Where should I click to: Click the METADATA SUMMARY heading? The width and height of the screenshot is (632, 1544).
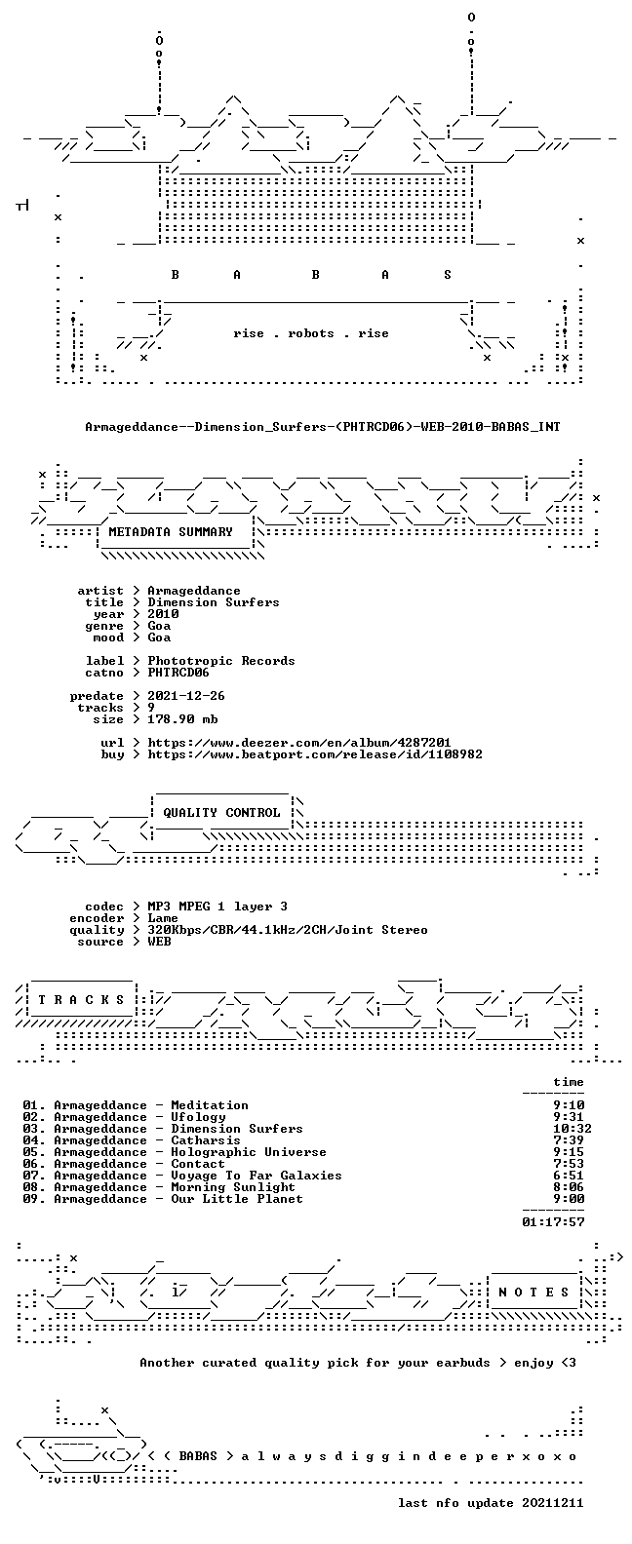(171, 531)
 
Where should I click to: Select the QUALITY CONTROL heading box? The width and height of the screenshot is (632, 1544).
(221, 813)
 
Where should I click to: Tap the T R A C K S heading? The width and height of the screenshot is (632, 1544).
(81, 999)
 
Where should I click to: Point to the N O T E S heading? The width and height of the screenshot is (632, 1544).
(534, 1293)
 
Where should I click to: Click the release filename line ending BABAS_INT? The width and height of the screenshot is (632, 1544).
(323, 427)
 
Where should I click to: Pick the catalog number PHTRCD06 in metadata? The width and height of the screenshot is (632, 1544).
(178, 672)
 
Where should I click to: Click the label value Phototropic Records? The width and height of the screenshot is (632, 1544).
(221, 660)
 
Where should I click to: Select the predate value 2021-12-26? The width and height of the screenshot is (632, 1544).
(186, 696)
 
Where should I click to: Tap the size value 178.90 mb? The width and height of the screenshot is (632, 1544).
(182, 719)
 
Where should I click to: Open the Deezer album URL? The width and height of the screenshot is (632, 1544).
(299, 743)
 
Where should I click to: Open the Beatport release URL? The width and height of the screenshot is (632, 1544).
(315, 754)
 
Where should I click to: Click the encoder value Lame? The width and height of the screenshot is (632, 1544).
(163, 918)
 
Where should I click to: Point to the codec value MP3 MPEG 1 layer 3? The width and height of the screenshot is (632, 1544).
(217, 907)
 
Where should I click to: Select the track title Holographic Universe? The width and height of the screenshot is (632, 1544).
(249, 1152)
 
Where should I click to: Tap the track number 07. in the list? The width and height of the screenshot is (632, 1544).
(34, 1176)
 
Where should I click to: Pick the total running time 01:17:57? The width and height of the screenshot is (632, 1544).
(553, 1222)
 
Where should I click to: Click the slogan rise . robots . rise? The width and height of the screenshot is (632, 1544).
(311, 333)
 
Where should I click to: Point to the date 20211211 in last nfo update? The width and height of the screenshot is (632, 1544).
(553, 1503)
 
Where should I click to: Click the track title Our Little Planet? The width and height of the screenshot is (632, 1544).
(237, 1199)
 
